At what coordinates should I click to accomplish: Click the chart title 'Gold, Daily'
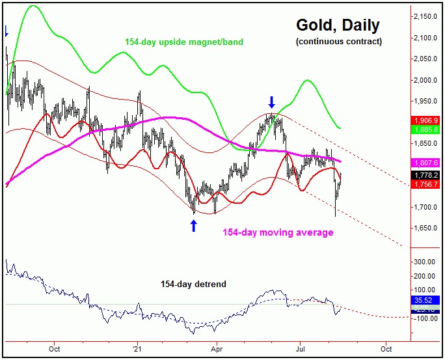coord(338,25)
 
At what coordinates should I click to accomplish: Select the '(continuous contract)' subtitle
coord(338,42)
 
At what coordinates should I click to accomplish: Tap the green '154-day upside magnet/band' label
coord(184,42)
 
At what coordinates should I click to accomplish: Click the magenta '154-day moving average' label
coord(278,232)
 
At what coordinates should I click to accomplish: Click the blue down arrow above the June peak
coord(272,102)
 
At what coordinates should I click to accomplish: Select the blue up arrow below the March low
coord(193,226)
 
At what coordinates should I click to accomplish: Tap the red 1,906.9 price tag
coord(427,121)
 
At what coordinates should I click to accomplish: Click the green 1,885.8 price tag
coord(427,130)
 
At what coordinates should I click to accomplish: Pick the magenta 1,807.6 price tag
coord(427,163)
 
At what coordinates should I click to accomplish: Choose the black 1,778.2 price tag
coord(427,175)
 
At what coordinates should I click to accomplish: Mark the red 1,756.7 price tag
coord(427,184)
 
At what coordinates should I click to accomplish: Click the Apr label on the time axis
coord(216,348)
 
